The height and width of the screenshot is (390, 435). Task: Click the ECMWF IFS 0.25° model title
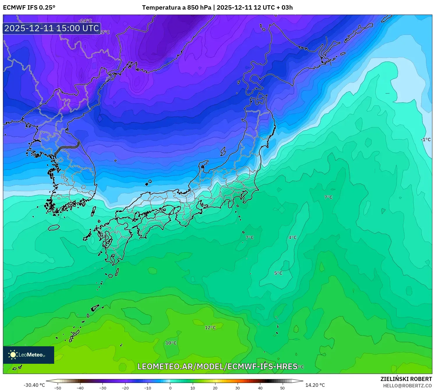click(29, 8)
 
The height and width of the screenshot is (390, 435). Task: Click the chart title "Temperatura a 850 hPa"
click(176, 8)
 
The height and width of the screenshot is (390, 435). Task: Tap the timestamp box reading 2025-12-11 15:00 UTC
click(52, 28)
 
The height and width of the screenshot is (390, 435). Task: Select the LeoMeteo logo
click(28, 355)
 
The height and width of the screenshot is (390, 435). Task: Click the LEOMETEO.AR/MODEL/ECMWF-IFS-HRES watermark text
click(217, 366)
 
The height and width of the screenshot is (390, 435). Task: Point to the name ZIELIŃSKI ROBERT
click(406, 379)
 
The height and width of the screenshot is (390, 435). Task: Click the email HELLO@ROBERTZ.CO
click(407, 386)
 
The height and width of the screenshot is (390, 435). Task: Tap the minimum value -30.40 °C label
click(34, 385)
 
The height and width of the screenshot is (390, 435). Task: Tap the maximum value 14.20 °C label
click(315, 385)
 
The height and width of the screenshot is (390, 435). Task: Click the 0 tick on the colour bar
click(170, 388)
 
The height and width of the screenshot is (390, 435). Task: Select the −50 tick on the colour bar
click(58, 388)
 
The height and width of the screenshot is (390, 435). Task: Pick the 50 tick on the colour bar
click(282, 388)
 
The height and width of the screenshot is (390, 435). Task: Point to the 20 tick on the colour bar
click(215, 388)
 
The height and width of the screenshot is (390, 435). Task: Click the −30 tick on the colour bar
click(102, 388)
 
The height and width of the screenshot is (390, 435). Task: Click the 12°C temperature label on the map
click(210, 328)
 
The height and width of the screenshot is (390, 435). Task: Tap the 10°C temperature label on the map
click(171, 343)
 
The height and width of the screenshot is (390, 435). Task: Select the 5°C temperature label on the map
click(278, 273)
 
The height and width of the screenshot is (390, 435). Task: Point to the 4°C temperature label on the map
click(292, 238)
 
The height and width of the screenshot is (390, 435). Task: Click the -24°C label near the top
click(85, 21)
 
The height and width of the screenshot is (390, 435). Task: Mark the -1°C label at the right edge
click(426, 140)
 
